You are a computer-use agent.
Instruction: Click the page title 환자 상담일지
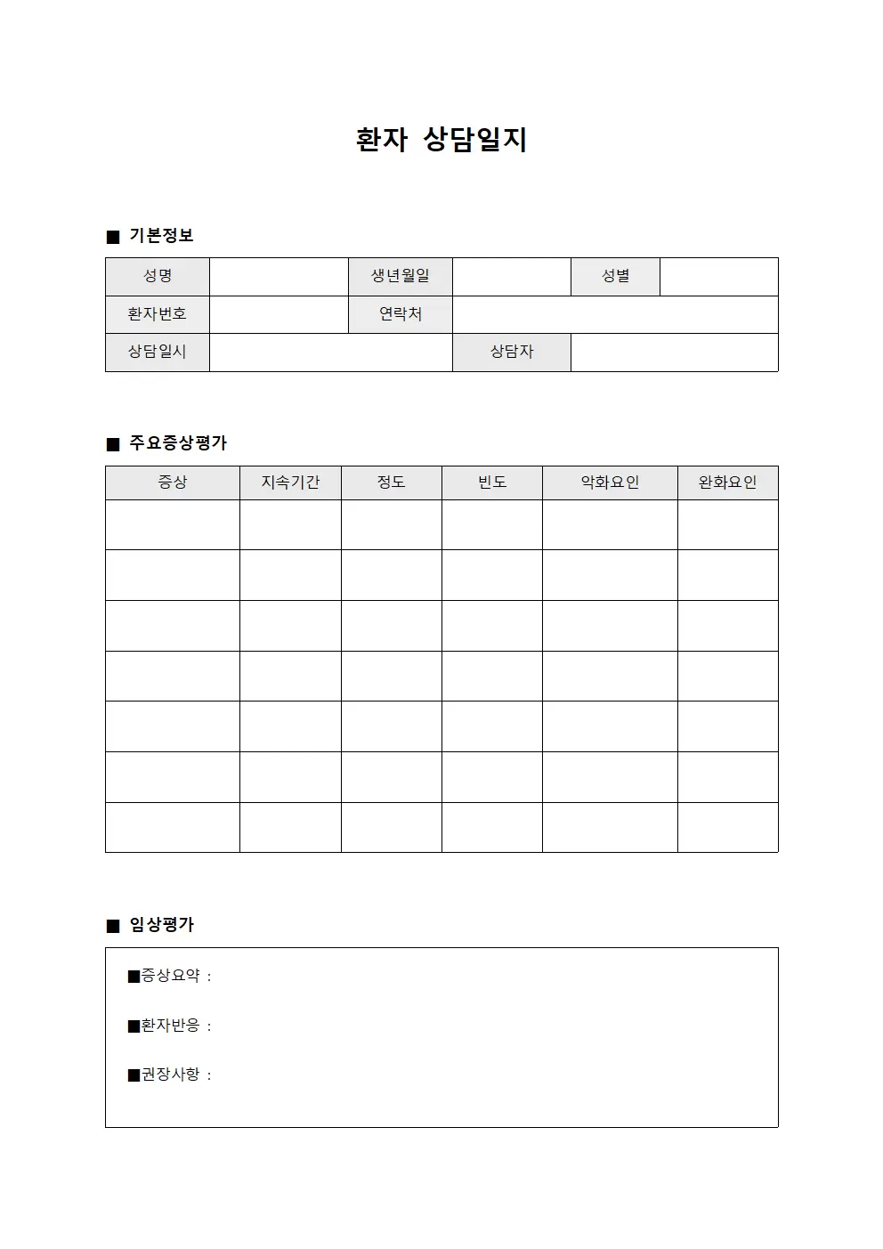point(441,140)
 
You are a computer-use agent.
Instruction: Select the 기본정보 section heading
point(161,236)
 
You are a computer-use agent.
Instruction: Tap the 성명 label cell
point(158,276)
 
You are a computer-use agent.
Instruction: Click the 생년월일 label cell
point(401,276)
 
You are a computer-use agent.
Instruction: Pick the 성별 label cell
point(615,276)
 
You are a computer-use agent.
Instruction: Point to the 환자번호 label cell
point(158,314)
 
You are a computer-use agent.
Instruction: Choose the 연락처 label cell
point(401,314)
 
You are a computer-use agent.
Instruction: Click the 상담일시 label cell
point(158,352)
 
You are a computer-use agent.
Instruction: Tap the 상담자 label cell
point(512,352)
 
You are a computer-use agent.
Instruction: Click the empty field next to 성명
point(279,276)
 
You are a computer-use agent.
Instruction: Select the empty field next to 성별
point(718,276)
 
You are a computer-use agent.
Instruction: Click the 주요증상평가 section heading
point(178,443)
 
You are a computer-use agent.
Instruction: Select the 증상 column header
point(173,483)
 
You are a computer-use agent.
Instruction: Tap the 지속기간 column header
point(290,483)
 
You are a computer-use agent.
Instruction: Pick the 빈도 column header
point(492,483)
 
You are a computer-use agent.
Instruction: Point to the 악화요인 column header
point(610,483)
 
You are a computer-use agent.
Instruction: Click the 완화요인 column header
point(727,483)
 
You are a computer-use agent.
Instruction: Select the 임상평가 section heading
point(161,925)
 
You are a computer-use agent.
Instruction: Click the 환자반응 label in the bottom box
point(170,1026)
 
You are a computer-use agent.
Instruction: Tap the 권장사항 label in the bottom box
point(170,1075)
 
